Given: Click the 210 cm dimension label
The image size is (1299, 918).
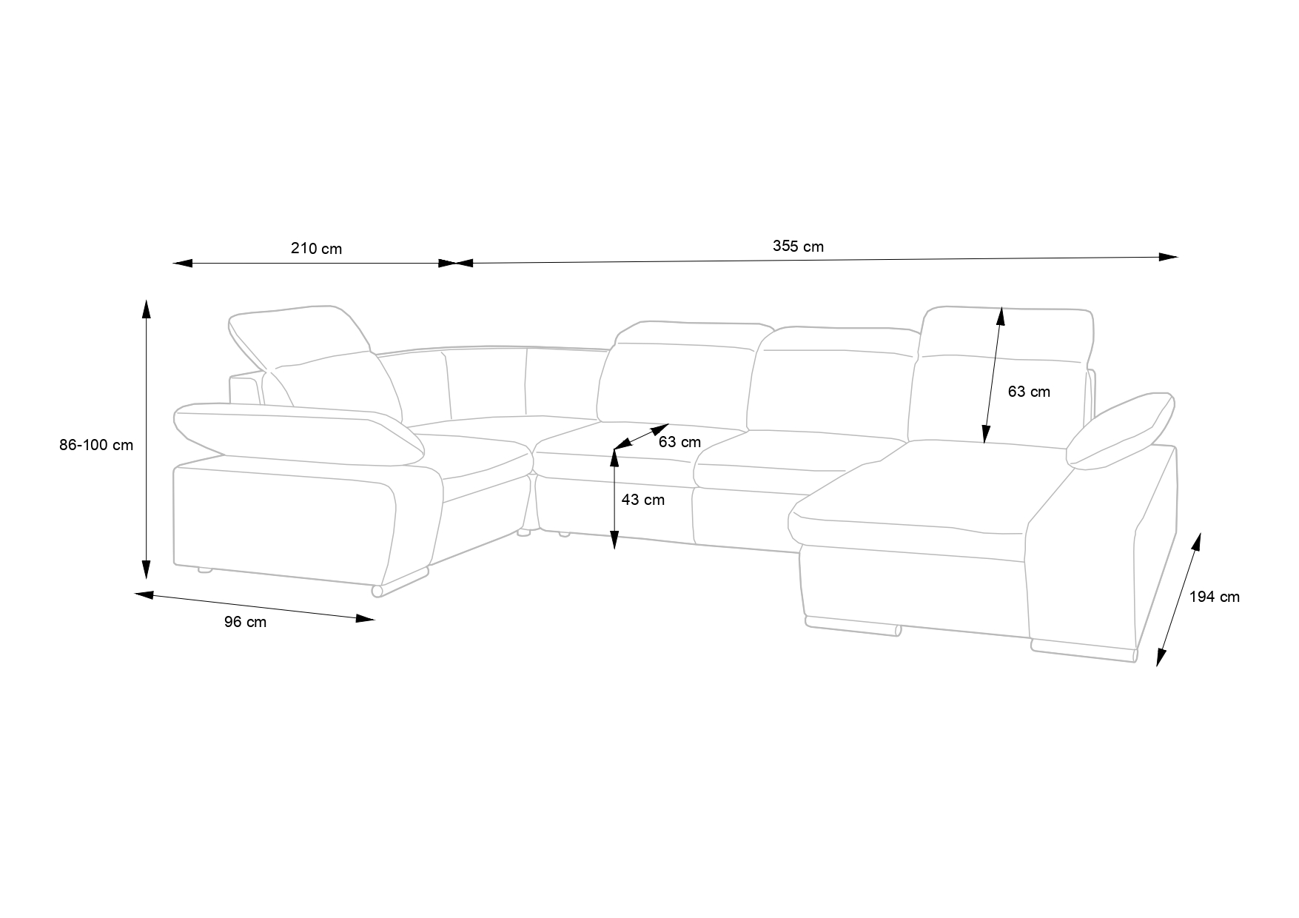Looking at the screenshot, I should pos(316,249).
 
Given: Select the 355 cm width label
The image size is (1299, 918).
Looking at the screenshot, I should pos(798,247).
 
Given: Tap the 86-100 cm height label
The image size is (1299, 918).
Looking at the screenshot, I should pos(96,445).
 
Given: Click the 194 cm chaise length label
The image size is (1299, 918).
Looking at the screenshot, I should pos(1214,597).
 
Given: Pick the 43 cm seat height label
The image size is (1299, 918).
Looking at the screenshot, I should pos(642,500).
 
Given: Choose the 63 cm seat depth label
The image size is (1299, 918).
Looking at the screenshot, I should pos(679,443).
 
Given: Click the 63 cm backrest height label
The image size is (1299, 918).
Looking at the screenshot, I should pos(1029,392).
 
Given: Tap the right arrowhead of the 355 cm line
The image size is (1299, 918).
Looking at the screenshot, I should pos(1169,257).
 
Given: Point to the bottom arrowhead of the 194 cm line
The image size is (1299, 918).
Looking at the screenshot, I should pos(1161,657).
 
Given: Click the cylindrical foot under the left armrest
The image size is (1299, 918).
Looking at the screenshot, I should pos(377,591).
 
